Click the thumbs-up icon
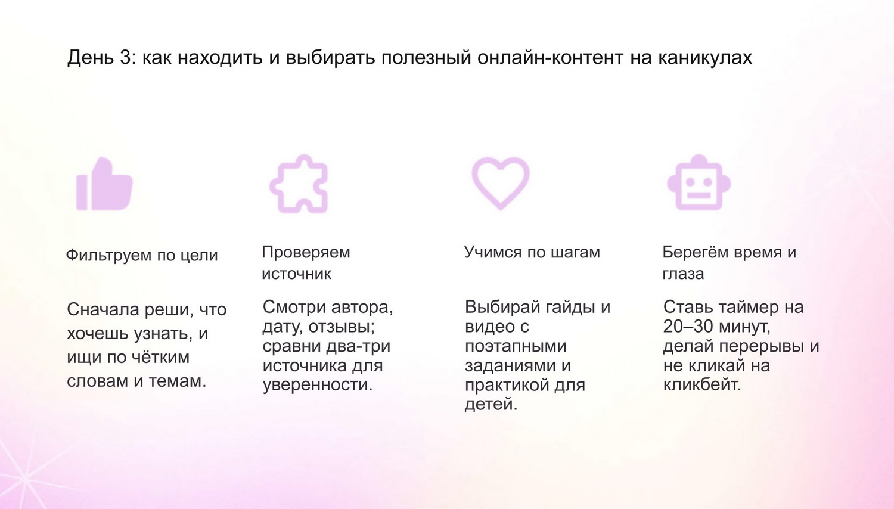104,184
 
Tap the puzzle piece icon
299,184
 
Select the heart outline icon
501,183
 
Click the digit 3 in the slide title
125,57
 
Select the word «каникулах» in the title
705,57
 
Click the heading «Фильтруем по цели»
142,255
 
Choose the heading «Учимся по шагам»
532,252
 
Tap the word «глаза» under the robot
683,274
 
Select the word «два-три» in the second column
358,346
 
